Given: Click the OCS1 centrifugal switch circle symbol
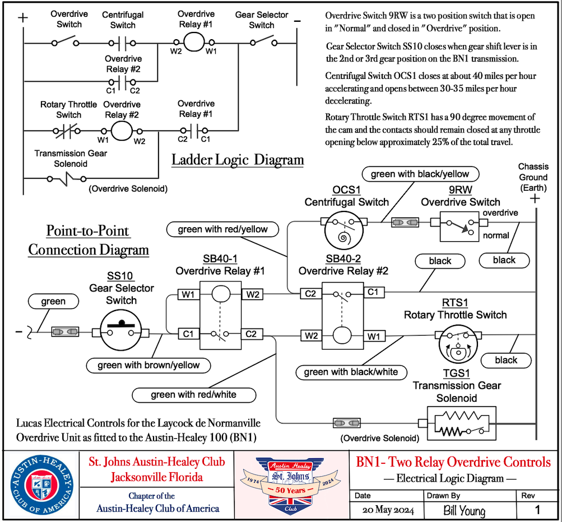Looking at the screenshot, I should pyautogui.click(x=343, y=229).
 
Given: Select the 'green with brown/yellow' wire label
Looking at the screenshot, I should pyautogui.click(x=148, y=365).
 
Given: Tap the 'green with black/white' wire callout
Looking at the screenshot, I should pyautogui.click(x=351, y=371).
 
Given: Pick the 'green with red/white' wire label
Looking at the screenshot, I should pyautogui.click(x=193, y=394).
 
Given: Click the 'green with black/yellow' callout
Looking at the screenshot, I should pyautogui.click(x=420, y=174).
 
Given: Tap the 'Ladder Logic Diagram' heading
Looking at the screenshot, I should pyautogui.click(x=238, y=159).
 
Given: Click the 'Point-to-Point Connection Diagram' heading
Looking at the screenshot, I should pyautogui.click(x=89, y=240).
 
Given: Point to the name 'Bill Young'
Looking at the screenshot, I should pyautogui.click(x=463, y=510).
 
